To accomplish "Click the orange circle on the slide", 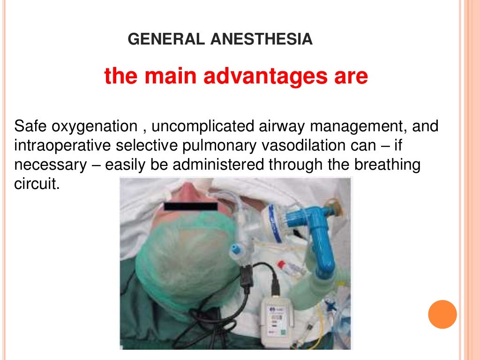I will pos(442,315).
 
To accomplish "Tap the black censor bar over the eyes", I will pos(191,206).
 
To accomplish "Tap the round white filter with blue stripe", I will pos(277,224).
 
